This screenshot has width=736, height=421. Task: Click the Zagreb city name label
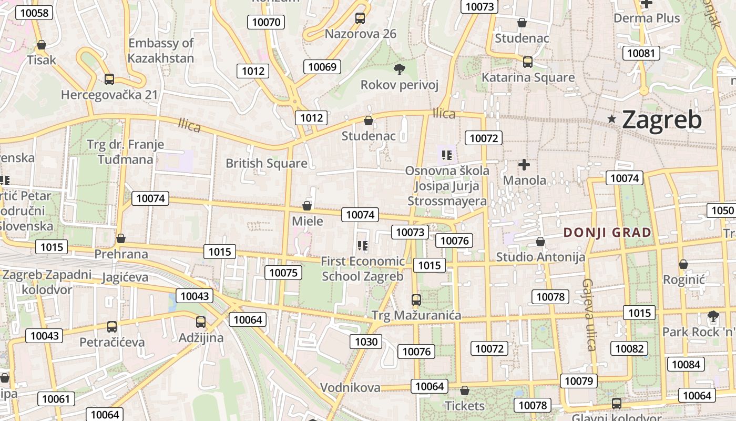661,120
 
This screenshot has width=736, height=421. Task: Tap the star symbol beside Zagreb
611,119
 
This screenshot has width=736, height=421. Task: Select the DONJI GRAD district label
607,232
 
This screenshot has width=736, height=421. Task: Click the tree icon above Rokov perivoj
400,69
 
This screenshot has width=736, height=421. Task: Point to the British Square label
267,163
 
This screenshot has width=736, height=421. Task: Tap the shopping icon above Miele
307,206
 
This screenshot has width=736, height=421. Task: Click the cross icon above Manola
524,165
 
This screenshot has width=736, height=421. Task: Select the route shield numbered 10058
34,13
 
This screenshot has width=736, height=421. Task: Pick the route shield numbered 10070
267,22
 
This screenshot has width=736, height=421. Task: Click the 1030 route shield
366,342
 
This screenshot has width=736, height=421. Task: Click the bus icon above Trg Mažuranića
416,300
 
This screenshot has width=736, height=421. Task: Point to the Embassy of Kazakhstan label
161,51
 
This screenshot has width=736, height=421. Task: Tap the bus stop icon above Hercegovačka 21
109,79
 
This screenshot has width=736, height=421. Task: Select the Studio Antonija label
541,257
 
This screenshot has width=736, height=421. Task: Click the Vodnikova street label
350,388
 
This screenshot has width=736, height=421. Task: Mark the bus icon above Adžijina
201,322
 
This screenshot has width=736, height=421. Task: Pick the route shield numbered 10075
283,272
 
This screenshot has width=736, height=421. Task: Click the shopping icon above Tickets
464,390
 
